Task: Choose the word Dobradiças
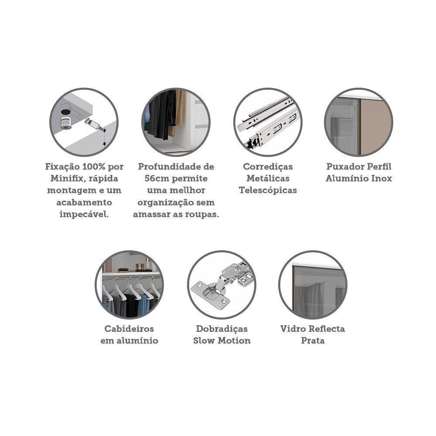[x=221, y=329]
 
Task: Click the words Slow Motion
[x=221, y=341]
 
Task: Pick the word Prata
[x=313, y=341]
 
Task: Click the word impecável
[x=84, y=215]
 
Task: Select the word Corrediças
[x=268, y=167]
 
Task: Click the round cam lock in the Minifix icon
[x=65, y=122]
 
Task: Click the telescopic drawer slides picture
[x=268, y=122]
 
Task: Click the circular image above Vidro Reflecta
[x=313, y=285]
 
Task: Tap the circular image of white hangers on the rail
[x=129, y=285]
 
